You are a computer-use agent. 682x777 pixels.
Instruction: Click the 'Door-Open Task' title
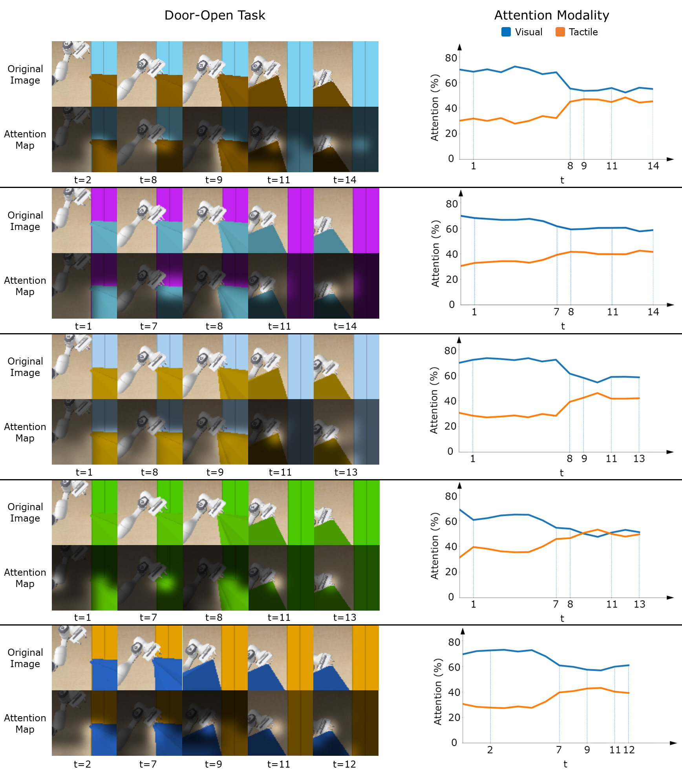pos(215,15)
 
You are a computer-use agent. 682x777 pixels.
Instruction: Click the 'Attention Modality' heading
pos(551,15)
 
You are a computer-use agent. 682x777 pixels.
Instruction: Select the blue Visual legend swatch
pos(506,32)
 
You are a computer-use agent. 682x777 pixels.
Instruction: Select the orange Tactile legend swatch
pos(560,32)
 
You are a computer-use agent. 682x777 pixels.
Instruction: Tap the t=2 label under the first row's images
pos(82,180)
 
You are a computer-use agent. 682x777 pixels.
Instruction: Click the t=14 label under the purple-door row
pos(345,326)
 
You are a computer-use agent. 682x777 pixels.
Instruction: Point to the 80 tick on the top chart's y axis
pos(451,58)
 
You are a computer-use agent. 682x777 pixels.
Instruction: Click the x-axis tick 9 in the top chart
pos(584,166)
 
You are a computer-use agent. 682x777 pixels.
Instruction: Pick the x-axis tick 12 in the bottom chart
pos(629,750)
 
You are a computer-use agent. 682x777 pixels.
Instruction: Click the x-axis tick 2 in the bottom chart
pos(490,750)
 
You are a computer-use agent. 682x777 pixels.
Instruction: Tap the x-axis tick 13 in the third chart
pos(639,459)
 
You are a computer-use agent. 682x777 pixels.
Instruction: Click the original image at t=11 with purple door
pos(281,221)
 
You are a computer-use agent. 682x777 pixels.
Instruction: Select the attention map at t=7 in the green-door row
pos(150,578)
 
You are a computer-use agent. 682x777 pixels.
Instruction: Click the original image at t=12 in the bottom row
pos(346,658)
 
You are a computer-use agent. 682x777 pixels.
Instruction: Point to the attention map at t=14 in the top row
pos(346,139)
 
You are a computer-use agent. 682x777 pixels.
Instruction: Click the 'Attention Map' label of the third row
pos(25,432)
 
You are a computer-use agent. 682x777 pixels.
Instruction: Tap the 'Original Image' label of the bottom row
pos(25,658)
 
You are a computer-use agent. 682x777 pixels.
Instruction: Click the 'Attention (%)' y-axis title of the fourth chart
pos(434,545)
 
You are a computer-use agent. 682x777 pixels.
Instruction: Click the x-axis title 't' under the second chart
pos(563,326)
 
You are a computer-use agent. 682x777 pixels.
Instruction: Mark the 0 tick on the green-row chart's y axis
pos(451,597)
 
